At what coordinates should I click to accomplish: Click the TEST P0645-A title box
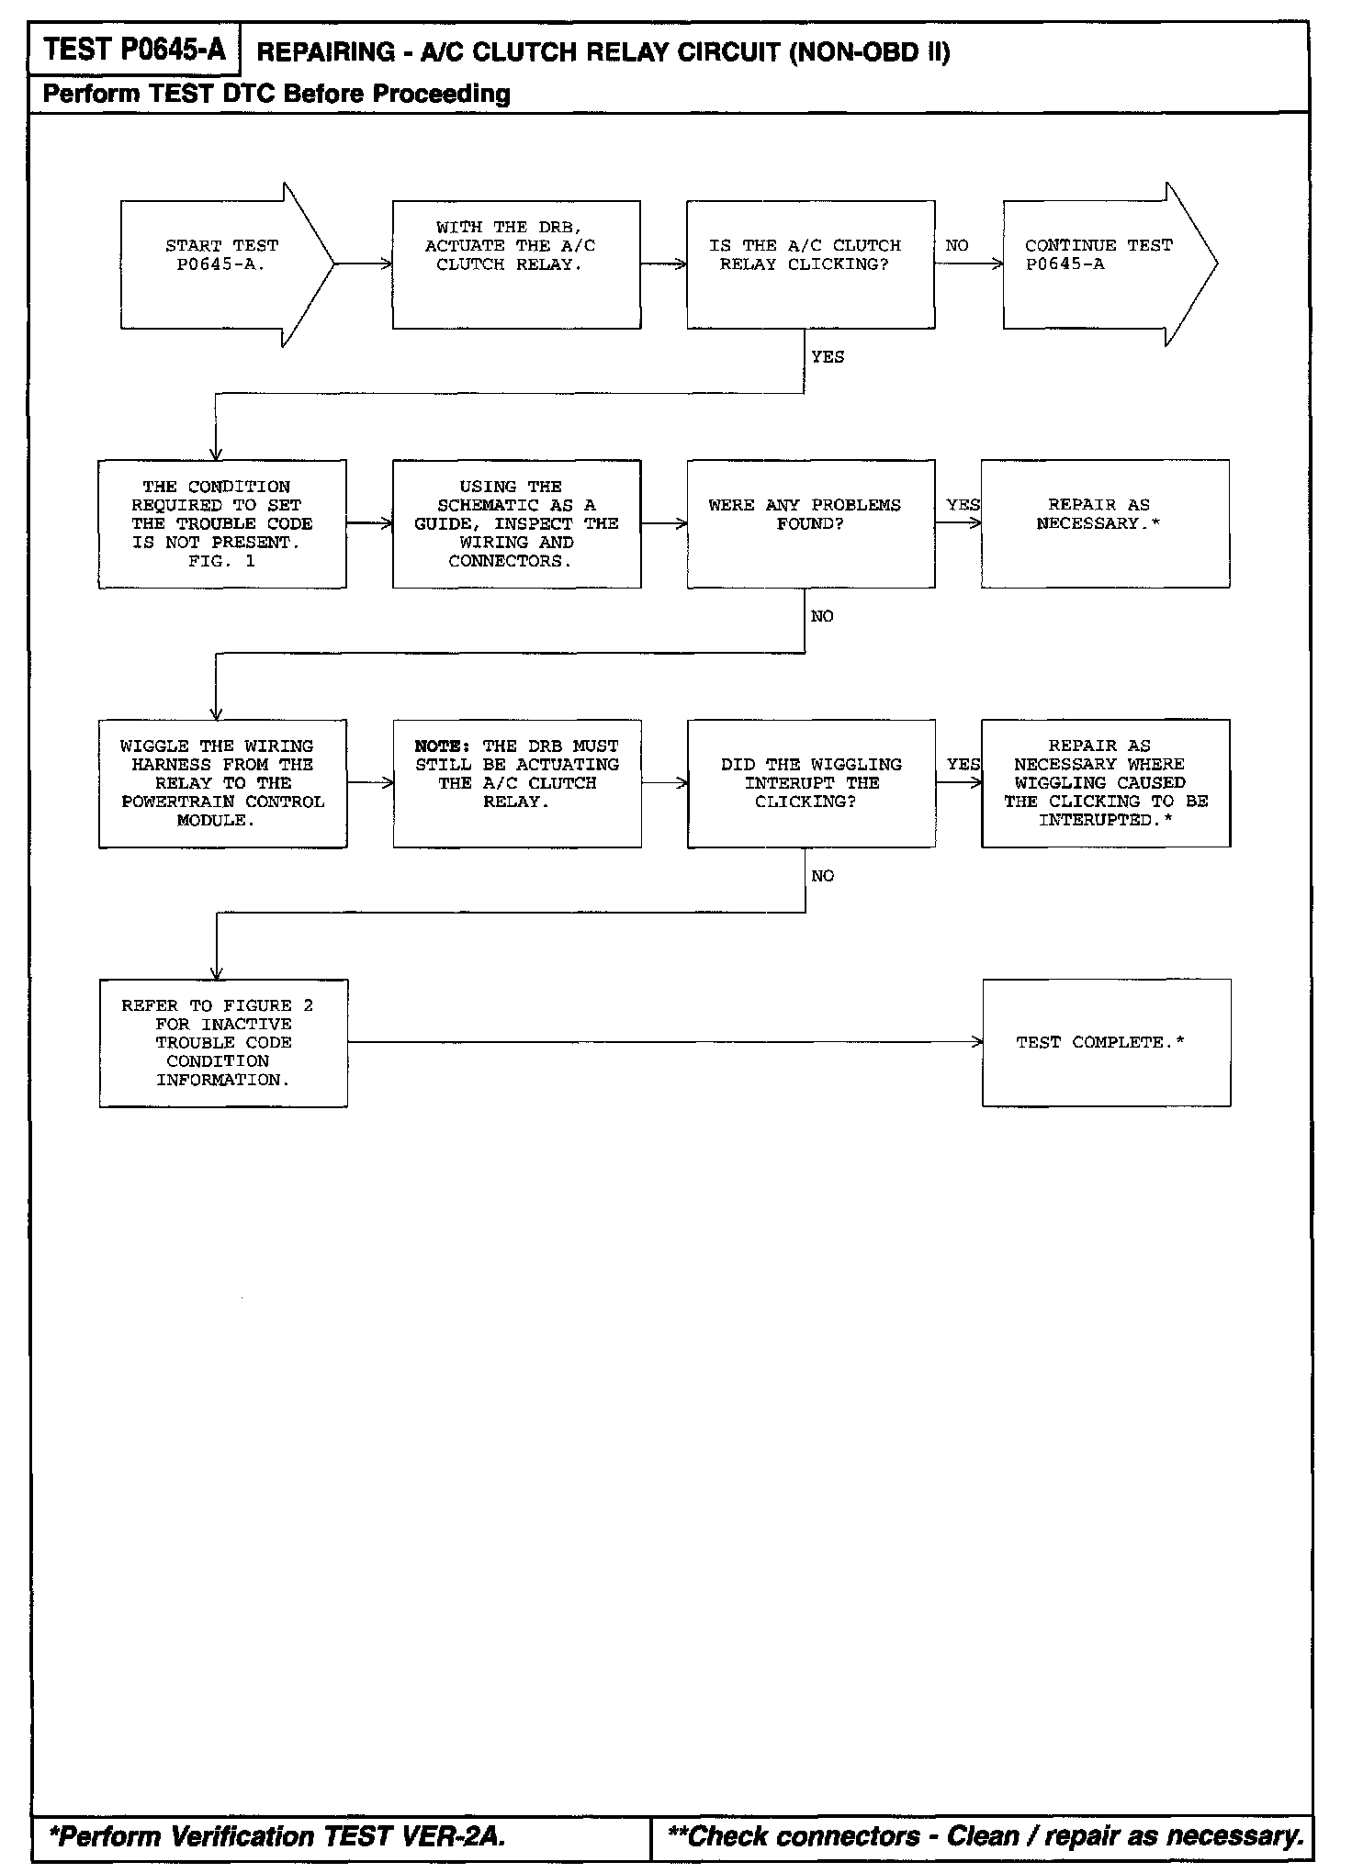134,50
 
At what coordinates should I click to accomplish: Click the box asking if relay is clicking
810,264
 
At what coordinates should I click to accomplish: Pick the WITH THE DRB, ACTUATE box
516,264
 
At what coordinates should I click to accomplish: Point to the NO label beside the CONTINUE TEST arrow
957,246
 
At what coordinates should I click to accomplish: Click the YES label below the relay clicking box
828,357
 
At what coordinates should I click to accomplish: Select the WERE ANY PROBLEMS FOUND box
810,523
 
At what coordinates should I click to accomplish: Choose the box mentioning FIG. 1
222,523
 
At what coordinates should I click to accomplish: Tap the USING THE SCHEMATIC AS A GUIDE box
516,523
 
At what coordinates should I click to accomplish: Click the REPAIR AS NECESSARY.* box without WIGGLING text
1105,523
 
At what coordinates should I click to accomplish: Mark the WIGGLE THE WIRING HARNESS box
222,783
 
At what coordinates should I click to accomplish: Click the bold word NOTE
442,746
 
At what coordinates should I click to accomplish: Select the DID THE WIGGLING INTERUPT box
811,783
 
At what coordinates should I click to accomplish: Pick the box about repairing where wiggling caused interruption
1106,783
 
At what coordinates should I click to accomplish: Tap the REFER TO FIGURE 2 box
223,1043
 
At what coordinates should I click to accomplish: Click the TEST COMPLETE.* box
1106,1043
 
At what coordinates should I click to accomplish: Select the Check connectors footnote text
986,1835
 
